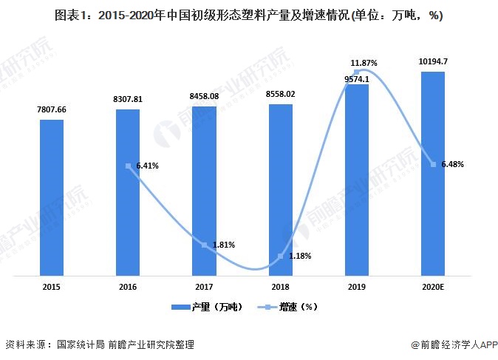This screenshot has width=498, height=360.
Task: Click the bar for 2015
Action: pos(52,198)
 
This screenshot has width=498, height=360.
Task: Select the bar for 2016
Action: pos(128,193)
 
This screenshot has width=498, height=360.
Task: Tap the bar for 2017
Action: pos(205,191)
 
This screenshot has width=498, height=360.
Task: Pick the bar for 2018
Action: pos(281,190)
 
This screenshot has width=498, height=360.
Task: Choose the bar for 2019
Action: pos(357,180)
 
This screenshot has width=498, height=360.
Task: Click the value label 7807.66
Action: pos(52,109)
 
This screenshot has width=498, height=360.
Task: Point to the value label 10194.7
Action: pos(433,62)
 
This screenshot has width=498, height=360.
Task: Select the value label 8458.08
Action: pos(205,96)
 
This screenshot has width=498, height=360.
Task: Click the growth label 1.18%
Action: pos(299,257)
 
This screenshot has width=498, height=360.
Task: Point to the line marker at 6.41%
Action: pos(128,166)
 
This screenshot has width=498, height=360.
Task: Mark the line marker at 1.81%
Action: pos(205,245)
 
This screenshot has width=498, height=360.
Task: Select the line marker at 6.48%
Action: pos(433,164)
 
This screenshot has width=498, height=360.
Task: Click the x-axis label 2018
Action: pos(281,287)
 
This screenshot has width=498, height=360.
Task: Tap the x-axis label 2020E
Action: pos(433,287)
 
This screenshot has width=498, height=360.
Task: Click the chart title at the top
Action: pos(248,15)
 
